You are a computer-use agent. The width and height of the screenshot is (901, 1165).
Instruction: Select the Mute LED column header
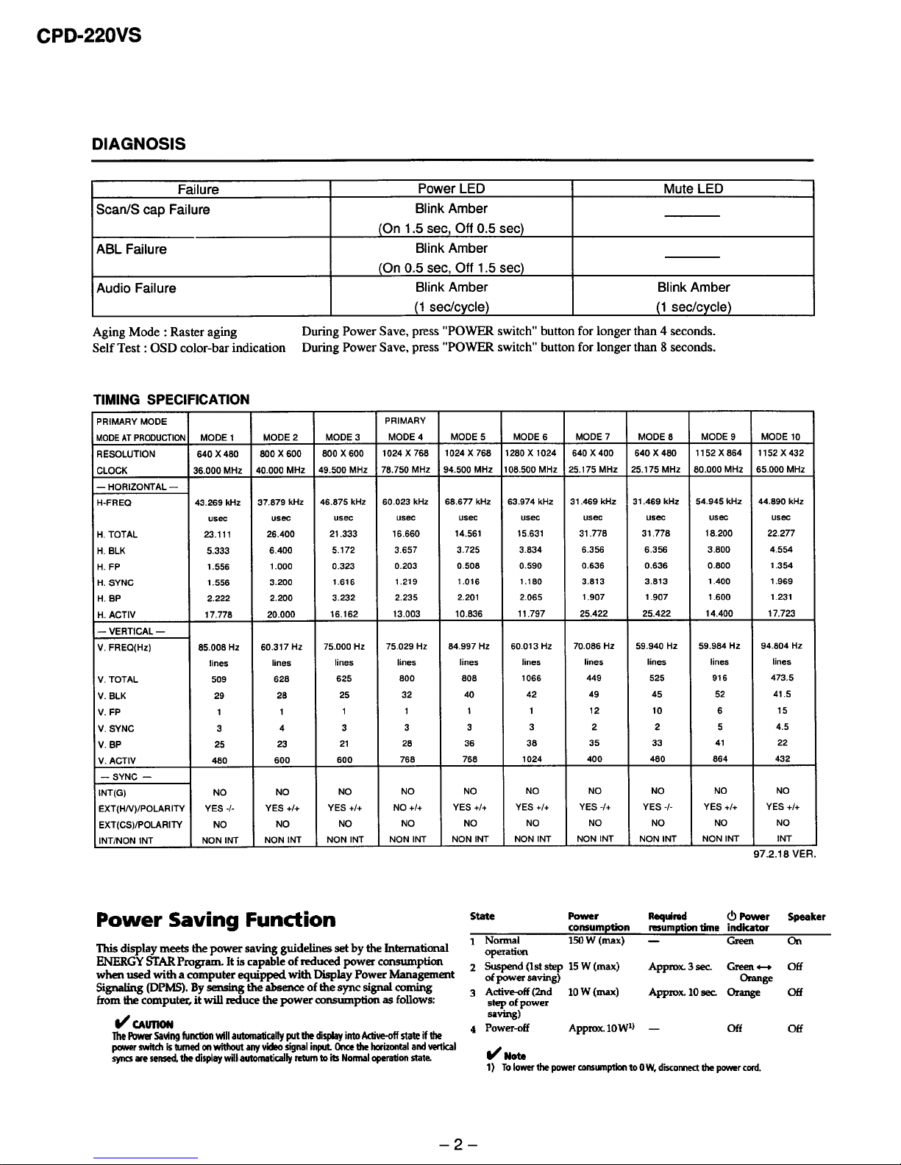[x=693, y=189]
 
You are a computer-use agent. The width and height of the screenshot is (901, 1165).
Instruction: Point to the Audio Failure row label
[x=136, y=288]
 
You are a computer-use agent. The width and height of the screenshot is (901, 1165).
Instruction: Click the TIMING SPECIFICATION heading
[x=170, y=400]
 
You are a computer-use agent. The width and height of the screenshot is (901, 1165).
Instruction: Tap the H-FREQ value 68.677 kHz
[x=469, y=502]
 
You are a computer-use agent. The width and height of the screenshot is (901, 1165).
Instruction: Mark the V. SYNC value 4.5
[x=782, y=728]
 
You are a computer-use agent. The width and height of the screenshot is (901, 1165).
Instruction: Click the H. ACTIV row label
[x=116, y=614]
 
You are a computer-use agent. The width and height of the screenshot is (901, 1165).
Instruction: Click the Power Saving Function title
[x=216, y=920]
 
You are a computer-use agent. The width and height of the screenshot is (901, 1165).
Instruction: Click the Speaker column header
[x=806, y=917]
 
